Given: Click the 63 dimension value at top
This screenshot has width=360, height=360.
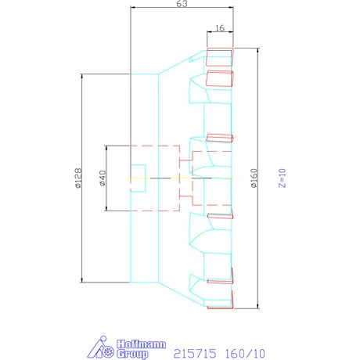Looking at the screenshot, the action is [x=182, y=4].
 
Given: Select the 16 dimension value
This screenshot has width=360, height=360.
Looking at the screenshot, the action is [x=220, y=28].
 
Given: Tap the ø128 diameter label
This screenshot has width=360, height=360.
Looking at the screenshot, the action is [x=78, y=178].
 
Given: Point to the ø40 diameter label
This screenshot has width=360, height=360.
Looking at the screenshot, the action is [x=103, y=178].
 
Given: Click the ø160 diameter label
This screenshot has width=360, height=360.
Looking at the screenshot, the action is [x=254, y=178].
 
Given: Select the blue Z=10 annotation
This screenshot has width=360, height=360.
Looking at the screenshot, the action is [x=283, y=178].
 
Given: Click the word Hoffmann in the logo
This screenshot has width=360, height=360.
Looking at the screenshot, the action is [x=141, y=344].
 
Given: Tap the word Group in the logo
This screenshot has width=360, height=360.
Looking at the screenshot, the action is [x=132, y=354].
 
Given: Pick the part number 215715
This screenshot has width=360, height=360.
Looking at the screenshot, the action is [x=195, y=354].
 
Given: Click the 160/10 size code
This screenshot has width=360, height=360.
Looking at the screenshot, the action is [x=245, y=354].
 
